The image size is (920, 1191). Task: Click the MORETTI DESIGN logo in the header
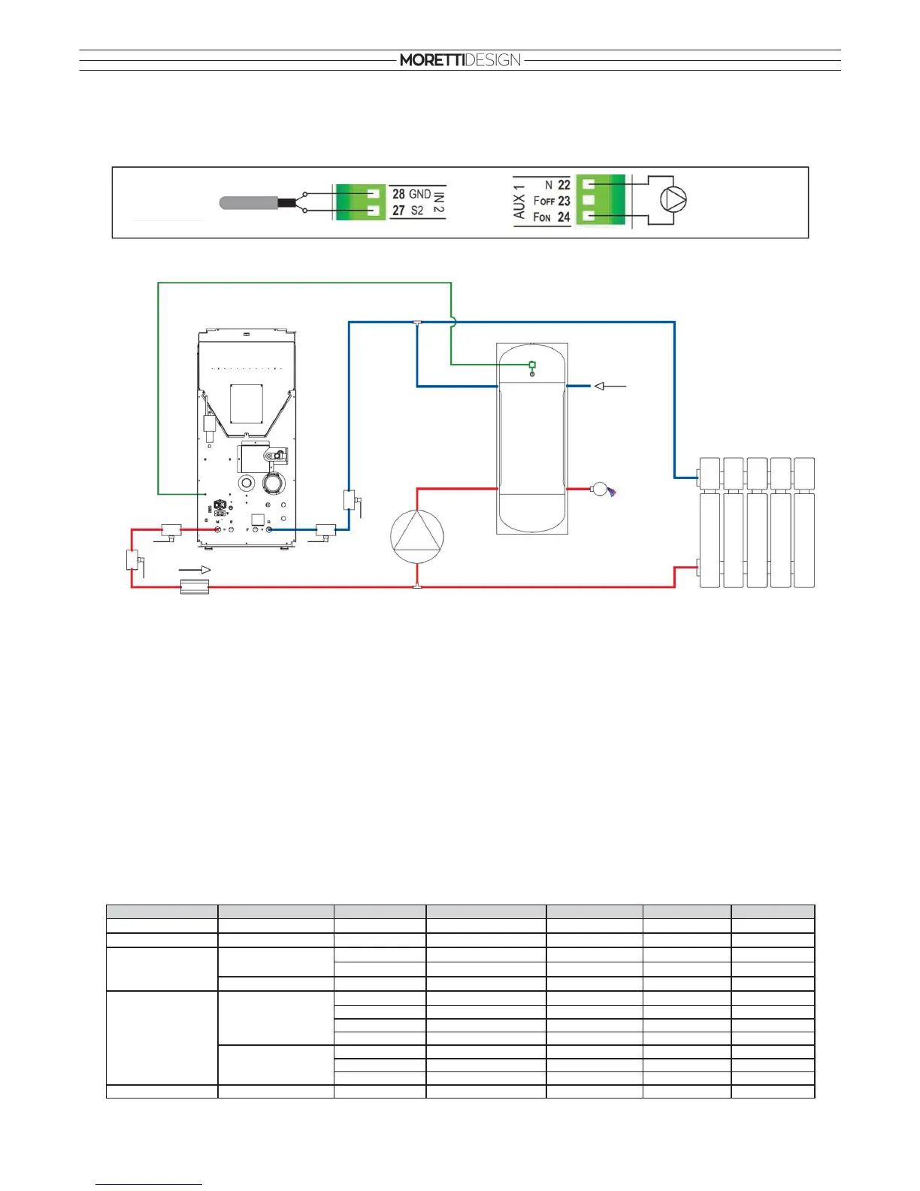[460, 60]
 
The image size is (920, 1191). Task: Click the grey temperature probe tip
[247, 202]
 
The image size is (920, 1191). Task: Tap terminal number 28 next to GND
[398, 194]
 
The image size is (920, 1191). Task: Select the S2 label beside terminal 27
[417, 211]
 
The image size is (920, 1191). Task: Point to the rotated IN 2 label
[438, 202]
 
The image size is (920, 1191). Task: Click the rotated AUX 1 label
[519, 202]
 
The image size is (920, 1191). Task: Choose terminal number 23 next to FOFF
[564, 201]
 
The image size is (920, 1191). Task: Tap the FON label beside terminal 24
[542, 217]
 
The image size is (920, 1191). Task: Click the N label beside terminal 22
[549, 185]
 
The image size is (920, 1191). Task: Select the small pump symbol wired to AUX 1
[673, 200]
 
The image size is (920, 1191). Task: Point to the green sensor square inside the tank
[532, 365]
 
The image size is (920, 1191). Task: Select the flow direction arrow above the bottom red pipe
[195, 570]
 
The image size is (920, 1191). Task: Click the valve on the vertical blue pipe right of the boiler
[350, 500]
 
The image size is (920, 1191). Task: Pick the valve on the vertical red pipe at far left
[132, 560]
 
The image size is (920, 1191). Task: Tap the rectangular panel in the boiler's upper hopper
[246, 404]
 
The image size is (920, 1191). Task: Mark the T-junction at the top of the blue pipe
[417, 323]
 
